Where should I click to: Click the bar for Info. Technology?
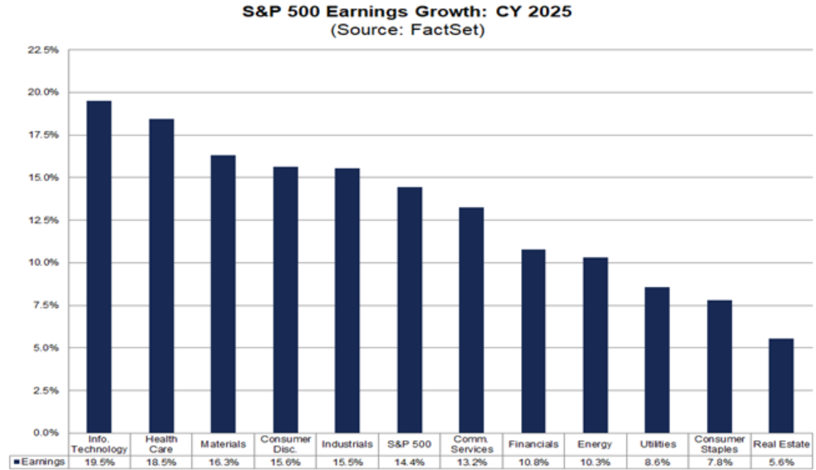pyautogui.click(x=99, y=266)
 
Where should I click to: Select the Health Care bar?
pyautogui.click(x=161, y=275)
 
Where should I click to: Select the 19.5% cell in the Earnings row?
pyautogui.click(x=100, y=462)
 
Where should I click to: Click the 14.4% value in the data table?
pyautogui.click(x=410, y=462)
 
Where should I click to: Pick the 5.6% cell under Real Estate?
pyautogui.click(x=781, y=462)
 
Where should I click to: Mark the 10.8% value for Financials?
pyautogui.click(x=533, y=462)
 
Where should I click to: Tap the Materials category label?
pyautogui.click(x=224, y=444)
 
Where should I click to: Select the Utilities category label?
pyautogui.click(x=657, y=444)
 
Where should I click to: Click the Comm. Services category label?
pyautogui.click(x=471, y=444)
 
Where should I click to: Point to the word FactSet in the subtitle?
pyautogui.click(x=454, y=30)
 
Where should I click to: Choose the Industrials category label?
pyautogui.click(x=347, y=444)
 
